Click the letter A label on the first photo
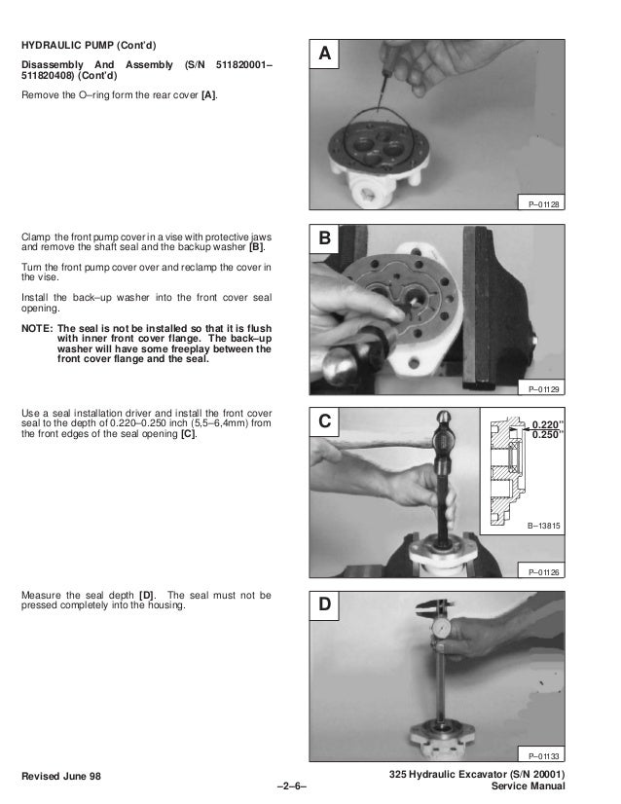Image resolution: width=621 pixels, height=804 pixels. (324, 54)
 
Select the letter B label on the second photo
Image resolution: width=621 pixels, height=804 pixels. (324, 238)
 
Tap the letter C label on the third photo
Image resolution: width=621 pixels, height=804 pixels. (324, 420)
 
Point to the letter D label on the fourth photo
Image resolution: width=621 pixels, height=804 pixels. (324, 604)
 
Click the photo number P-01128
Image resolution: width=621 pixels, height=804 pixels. (543, 204)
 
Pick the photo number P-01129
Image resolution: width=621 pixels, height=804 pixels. (543, 389)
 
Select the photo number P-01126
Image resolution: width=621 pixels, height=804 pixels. (543, 571)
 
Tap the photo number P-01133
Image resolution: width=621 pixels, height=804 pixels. (543, 755)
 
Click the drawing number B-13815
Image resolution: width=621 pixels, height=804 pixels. (543, 526)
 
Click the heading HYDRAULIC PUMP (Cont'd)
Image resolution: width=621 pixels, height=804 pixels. (89, 45)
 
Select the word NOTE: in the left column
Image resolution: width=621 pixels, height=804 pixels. (37, 328)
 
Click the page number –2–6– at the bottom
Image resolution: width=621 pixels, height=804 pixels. (291, 786)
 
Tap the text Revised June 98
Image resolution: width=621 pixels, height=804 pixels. (61, 776)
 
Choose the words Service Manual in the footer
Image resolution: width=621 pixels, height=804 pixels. (529, 786)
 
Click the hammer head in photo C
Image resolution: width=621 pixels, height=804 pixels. (444, 436)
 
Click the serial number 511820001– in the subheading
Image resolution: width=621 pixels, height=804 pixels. (244, 64)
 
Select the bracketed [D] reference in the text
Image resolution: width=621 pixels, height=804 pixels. (146, 596)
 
